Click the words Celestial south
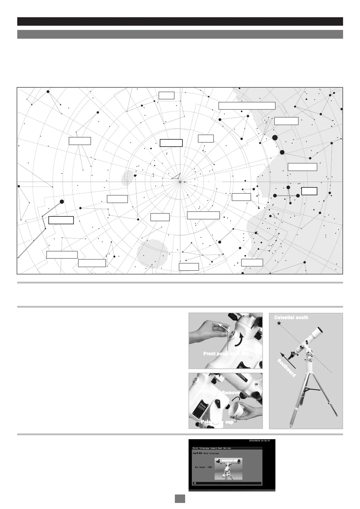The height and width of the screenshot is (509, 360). point(291,317)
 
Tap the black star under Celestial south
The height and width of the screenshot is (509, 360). point(279,324)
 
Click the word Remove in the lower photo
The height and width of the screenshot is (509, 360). point(231,393)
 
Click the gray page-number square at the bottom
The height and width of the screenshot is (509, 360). point(180,498)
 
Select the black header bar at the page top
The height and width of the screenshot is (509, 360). point(180,21)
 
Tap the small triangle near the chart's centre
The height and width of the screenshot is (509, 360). point(176,177)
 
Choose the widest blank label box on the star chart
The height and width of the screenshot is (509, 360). point(247,105)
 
